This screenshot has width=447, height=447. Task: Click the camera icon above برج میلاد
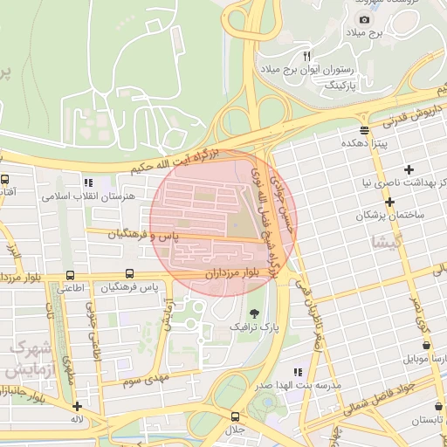364,19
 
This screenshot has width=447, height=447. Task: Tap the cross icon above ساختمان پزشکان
389,201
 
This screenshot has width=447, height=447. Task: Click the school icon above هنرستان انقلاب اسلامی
87,183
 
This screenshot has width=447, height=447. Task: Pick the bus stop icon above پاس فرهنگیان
130,273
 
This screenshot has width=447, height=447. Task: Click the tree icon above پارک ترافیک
253,312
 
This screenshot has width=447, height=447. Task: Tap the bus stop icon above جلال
235,416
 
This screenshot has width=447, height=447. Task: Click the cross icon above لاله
78,406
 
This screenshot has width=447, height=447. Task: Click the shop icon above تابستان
437,405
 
